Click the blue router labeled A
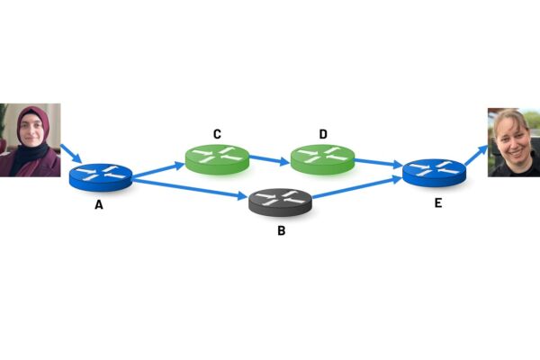click(101, 175)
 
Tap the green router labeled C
click(217, 158)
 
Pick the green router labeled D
click(322, 159)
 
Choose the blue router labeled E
click(434, 171)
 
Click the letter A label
click(98, 204)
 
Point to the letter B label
click(281, 231)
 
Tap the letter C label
click(217, 134)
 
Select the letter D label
click(323, 134)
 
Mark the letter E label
click(437, 202)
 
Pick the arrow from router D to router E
click(378, 163)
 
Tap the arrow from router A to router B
click(189, 189)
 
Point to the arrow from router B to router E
click(355, 190)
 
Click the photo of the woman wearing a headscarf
click(30, 139)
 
